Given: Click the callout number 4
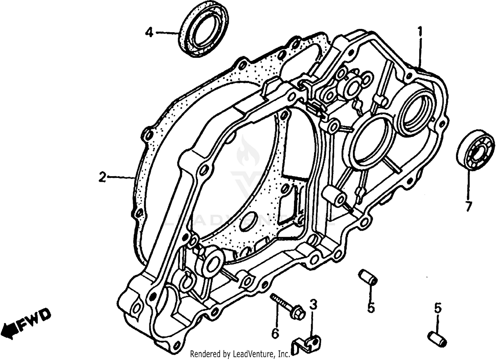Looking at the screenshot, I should point(149,33).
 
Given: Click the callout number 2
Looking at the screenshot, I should point(102,177).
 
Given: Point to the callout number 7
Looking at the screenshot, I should point(468,207).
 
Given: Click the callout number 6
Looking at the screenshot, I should point(275,333).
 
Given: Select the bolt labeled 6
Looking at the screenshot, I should point(286,306).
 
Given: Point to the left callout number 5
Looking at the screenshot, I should point(371,307).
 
